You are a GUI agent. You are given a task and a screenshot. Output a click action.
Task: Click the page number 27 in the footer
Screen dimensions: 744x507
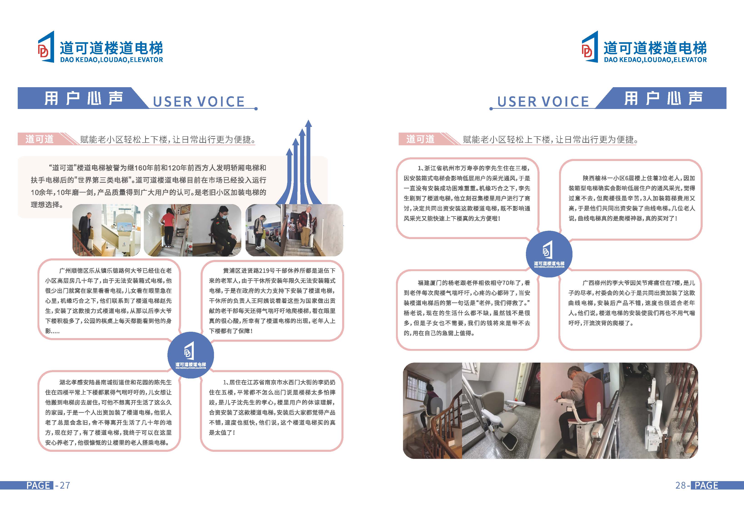coord(65,485)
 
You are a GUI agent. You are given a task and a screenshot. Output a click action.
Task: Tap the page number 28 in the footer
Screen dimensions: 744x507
coord(680,485)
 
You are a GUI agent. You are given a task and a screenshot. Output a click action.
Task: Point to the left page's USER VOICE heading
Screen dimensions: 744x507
coord(199,101)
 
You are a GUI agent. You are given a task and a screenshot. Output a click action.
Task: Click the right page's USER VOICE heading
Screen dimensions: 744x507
coord(543,101)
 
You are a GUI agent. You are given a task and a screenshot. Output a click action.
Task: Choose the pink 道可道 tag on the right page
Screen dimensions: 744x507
coord(420,139)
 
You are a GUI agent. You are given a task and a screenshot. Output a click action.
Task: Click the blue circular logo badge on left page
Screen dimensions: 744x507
coord(190,355)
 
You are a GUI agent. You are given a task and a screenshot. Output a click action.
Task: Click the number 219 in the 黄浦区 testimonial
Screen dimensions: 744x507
coord(264,271)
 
